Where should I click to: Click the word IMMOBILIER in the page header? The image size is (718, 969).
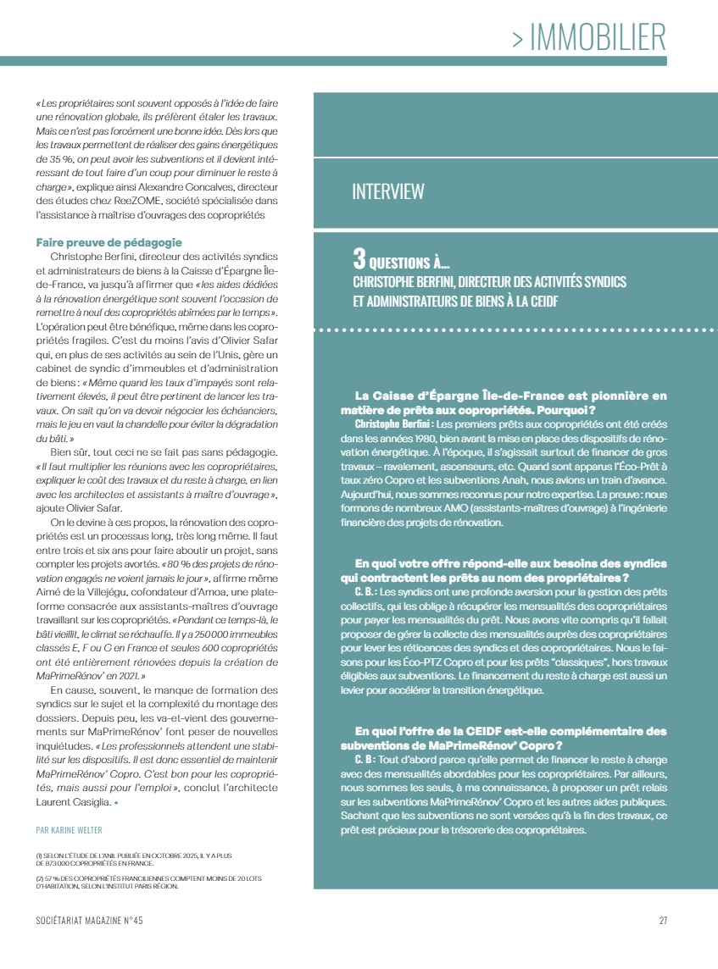point(598,37)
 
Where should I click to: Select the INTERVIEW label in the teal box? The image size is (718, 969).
point(388,192)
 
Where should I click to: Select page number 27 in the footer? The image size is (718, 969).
point(663,921)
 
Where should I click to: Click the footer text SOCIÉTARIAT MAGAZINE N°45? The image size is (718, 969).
point(96,921)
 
